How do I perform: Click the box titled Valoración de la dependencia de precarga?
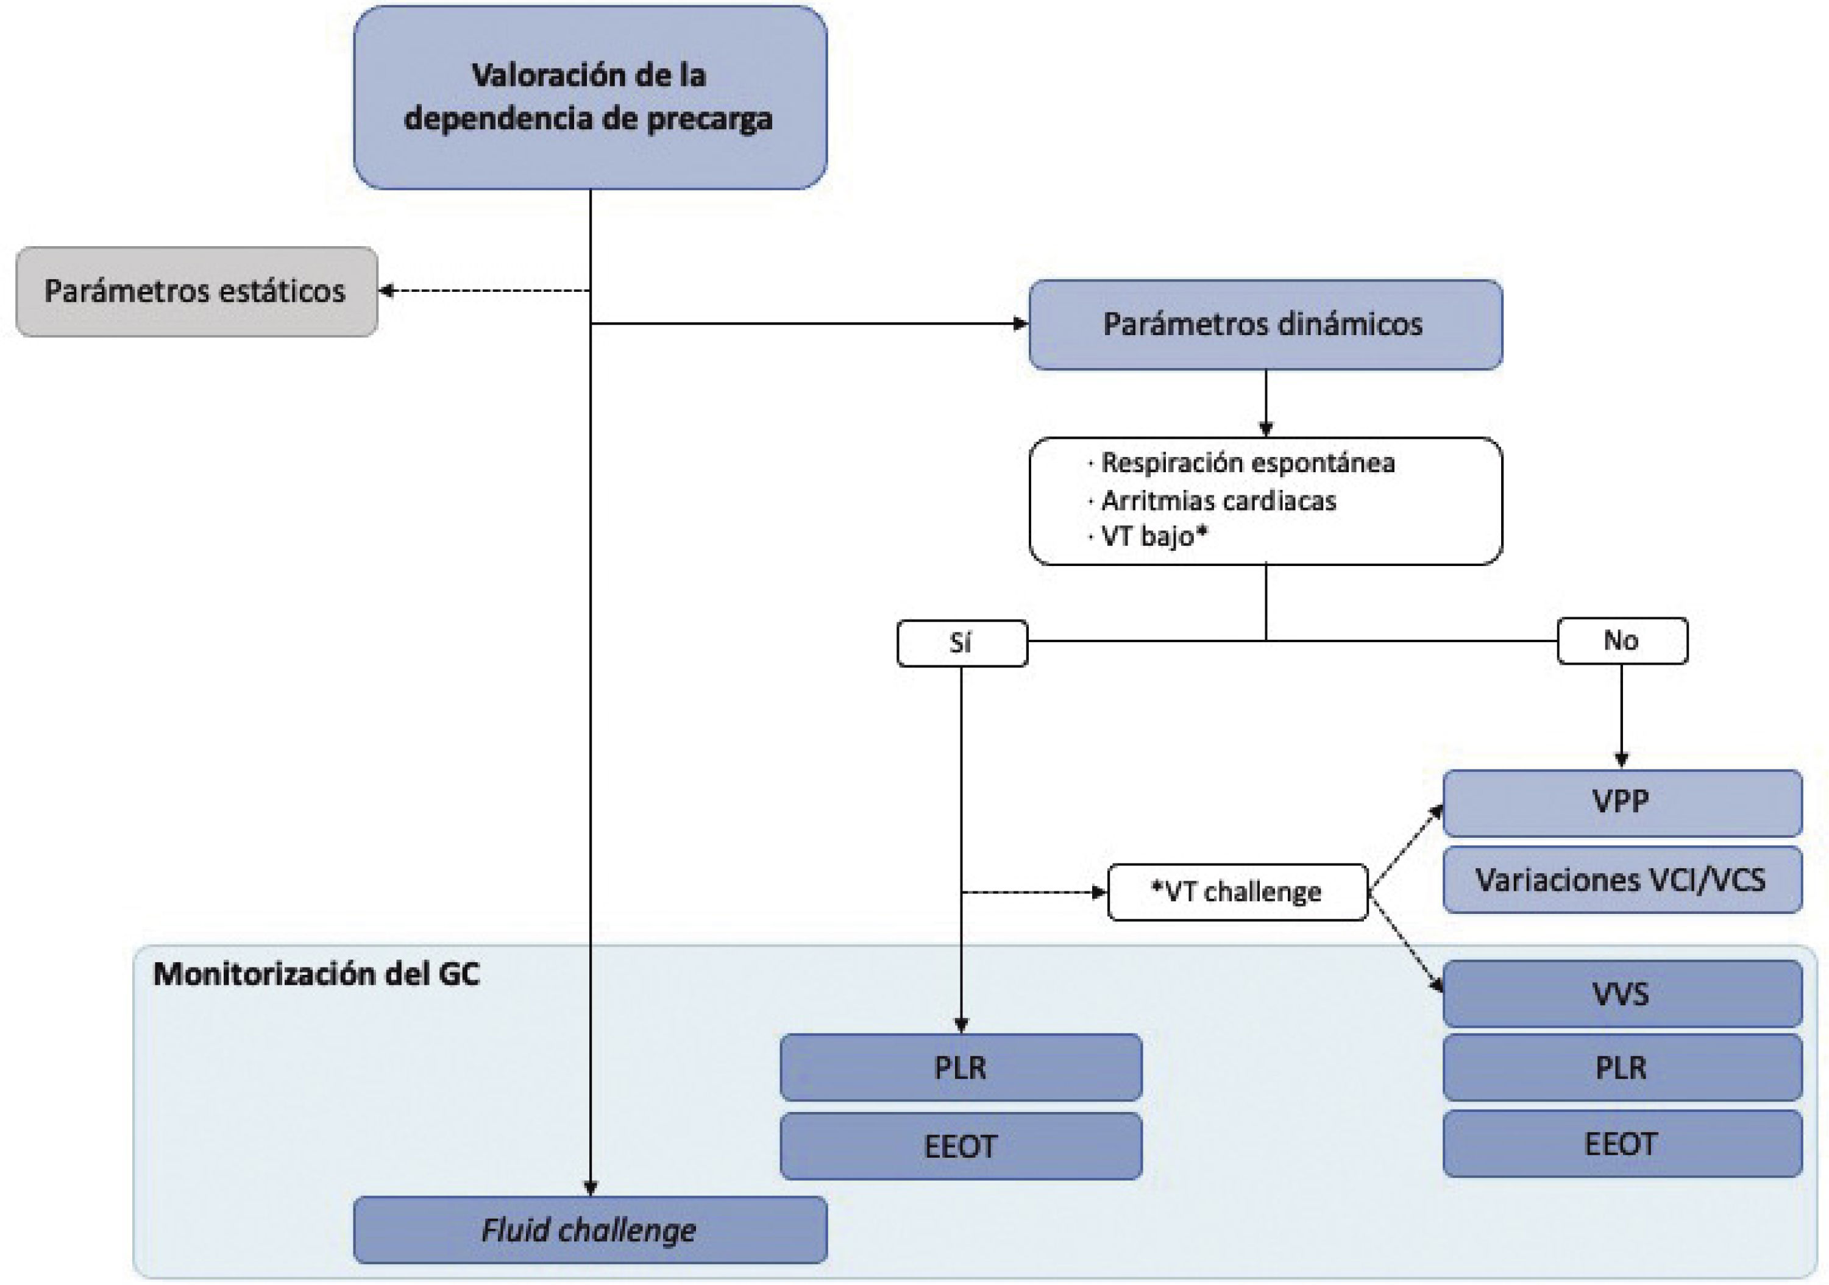click(x=589, y=97)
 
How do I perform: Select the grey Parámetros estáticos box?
click(x=196, y=291)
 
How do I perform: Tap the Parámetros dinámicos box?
click(x=1265, y=324)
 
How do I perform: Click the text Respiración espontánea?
click(x=1248, y=462)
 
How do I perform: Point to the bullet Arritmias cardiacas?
click(x=1218, y=501)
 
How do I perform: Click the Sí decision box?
click(x=962, y=642)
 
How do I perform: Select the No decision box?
click(x=1621, y=640)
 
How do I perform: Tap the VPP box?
click(x=1621, y=802)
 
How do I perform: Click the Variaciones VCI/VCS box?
click(x=1621, y=880)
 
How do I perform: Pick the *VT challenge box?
click(x=1237, y=891)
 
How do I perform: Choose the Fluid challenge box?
click(x=589, y=1230)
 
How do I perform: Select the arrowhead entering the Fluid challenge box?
click(x=591, y=1188)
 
